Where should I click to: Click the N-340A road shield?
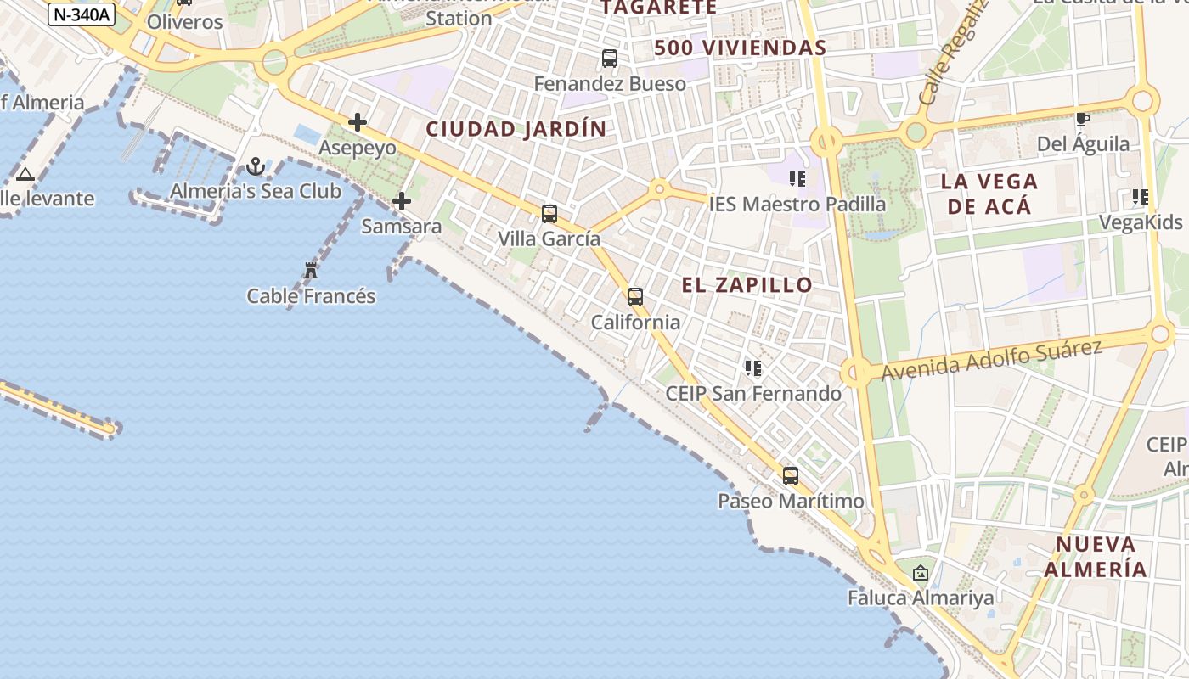coord(82,14)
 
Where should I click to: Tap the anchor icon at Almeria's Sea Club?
coord(256,166)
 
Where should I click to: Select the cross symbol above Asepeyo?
coord(358,122)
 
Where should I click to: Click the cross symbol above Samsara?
coord(402,201)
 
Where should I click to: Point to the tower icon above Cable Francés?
coord(311,271)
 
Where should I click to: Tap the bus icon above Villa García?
coord(549,213)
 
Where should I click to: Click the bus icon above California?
coord(635,296)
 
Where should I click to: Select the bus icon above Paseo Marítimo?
coord(791,475)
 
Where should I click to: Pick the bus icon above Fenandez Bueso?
coord(610,59)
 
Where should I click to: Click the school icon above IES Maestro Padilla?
coord(797,178)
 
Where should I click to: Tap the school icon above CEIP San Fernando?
coord(753,368)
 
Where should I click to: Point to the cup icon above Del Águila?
coord(1083,119)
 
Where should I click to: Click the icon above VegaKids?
coord(1141,197)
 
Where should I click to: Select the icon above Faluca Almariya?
coord(921,573)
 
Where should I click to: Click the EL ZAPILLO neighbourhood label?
coord(747,285)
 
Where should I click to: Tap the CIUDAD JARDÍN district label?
coord(516,130)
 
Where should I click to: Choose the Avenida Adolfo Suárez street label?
coord(991,359)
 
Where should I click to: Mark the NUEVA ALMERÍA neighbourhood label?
coord(1096,557)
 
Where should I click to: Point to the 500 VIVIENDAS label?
coord(740,48)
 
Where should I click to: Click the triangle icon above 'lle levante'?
coord(25,175)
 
